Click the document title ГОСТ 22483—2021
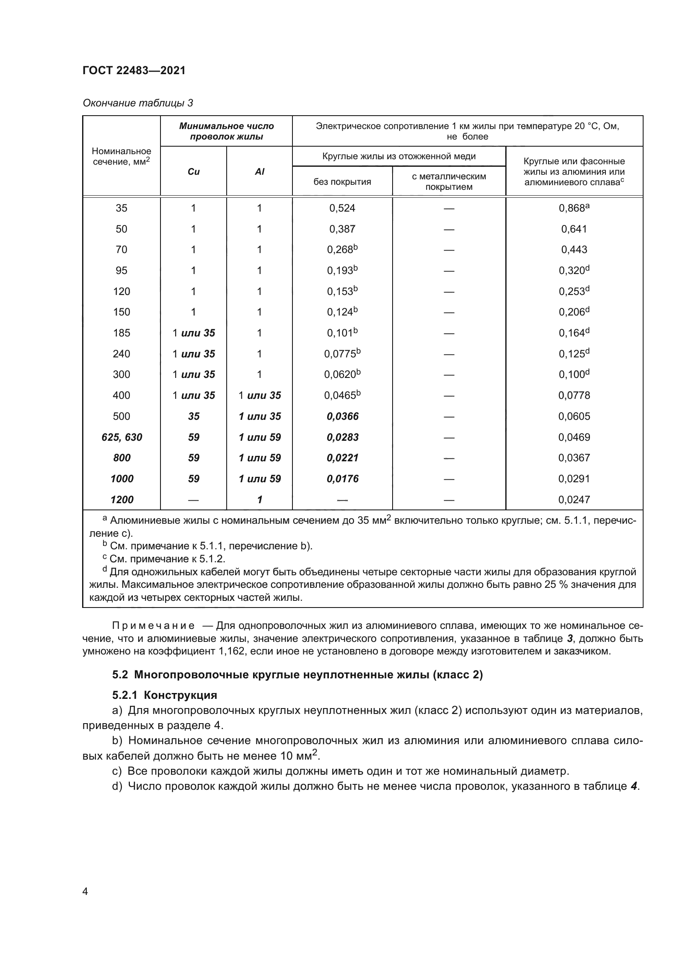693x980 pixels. click(134, 70)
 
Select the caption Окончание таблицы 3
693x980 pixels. click(137, 103)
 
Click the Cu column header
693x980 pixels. click(193, 171)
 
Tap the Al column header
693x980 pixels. click(259, 171)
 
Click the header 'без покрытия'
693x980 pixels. click(342, 181)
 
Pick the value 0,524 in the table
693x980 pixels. click(342, 208)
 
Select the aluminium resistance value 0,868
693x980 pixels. click(572, 208)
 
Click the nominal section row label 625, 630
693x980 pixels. click(122, 437)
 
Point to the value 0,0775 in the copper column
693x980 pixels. click(340, 354)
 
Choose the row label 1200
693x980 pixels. click(122, 499)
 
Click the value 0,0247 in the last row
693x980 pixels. click(574, 499)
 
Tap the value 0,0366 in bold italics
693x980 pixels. click(343, 416)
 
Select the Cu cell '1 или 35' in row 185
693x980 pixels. click(194, 333)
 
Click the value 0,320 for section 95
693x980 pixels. click(572, 271)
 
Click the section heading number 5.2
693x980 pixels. click(120, 675)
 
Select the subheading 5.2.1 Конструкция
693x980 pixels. click(165, 696)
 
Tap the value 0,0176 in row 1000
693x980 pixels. click(343, 478)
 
